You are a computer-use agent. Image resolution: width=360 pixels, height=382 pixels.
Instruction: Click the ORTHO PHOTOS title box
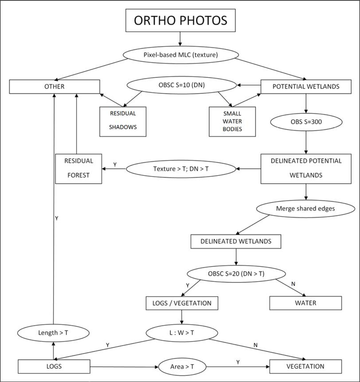click(180, 20)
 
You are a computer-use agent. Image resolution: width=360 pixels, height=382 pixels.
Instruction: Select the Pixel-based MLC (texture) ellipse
click(181, 55)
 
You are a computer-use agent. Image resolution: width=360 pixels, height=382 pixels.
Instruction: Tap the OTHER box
click(54, 86)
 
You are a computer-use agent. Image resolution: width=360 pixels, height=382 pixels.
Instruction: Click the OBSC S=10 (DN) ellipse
click(182, 86)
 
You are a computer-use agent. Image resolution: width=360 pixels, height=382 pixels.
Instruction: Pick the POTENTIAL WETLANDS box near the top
click(305, 86)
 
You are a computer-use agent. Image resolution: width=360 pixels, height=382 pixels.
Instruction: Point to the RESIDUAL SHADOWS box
click(123, 121)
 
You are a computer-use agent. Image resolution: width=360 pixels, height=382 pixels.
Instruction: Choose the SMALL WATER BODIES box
click(232, 121)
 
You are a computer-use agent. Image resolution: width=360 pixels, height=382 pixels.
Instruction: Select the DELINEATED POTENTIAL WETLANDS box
click(306, 168)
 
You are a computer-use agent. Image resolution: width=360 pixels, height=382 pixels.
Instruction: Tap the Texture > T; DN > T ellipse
click(181, 168)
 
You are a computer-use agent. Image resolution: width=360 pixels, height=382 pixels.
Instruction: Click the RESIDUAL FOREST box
click(78, 168)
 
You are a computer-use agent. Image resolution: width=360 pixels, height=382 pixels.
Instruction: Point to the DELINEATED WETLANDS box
click(236, 241)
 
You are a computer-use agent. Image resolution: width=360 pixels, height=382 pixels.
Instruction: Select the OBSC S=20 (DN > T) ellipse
click(236, 274)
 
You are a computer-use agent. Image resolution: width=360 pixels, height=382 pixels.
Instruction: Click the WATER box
click(305, 303)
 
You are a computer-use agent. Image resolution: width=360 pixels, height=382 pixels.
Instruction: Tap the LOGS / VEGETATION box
click(182, 303)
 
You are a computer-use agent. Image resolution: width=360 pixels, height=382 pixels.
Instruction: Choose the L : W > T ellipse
click(182, 333)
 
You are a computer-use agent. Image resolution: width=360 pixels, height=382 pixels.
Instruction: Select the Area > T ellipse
click(182, 367)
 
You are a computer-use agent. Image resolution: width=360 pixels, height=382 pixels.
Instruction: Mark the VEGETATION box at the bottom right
click(305, 366)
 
